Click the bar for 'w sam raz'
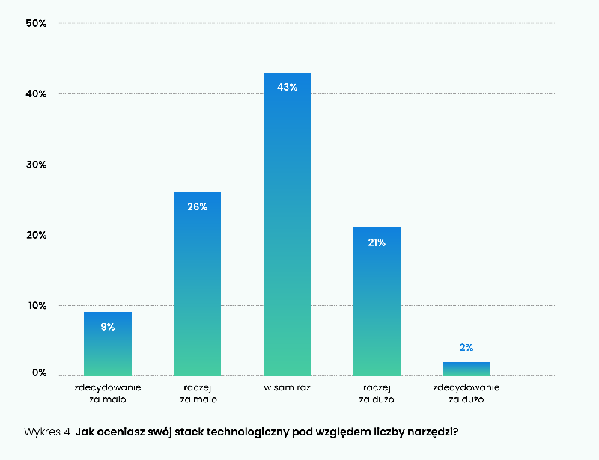point(287,224)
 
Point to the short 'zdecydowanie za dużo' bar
point(466,369)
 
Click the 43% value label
point(287,87)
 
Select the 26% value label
point(197,206)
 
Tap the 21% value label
point(377,242)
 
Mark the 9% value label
point(108,327)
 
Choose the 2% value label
point(466,348)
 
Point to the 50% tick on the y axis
point(36,23)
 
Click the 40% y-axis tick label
point(36,93)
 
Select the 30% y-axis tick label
point(36,165)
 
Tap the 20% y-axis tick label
point(36,235)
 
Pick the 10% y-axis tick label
point(36,305)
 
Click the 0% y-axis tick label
point(39,372)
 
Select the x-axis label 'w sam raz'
point(287,388)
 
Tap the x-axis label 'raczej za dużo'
point(377,394)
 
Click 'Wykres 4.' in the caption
point(49,432)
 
